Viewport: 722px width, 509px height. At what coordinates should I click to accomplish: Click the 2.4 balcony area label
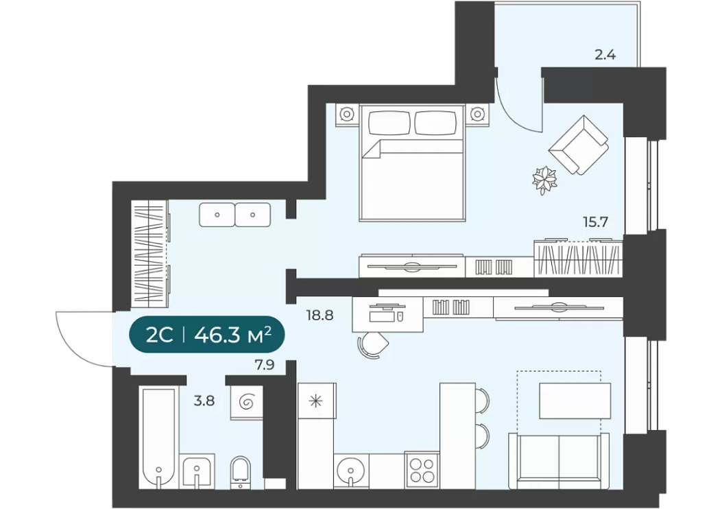605,56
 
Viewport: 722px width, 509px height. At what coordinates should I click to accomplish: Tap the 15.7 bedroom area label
595,222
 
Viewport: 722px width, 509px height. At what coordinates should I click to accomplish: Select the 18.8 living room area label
320,316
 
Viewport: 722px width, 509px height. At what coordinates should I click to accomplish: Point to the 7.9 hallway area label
264,365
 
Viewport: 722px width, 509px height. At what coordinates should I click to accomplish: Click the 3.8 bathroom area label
204,401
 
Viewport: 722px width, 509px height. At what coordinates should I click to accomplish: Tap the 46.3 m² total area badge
207,335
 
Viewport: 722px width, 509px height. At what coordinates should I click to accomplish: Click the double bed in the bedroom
411,162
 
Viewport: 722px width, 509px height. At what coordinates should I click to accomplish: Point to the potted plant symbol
544,180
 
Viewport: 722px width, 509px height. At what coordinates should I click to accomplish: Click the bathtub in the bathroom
158,438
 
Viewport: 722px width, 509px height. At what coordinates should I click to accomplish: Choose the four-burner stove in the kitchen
422,470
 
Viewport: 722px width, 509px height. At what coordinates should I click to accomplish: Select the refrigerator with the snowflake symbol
316,401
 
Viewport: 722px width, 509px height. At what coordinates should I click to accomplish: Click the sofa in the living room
559,460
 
